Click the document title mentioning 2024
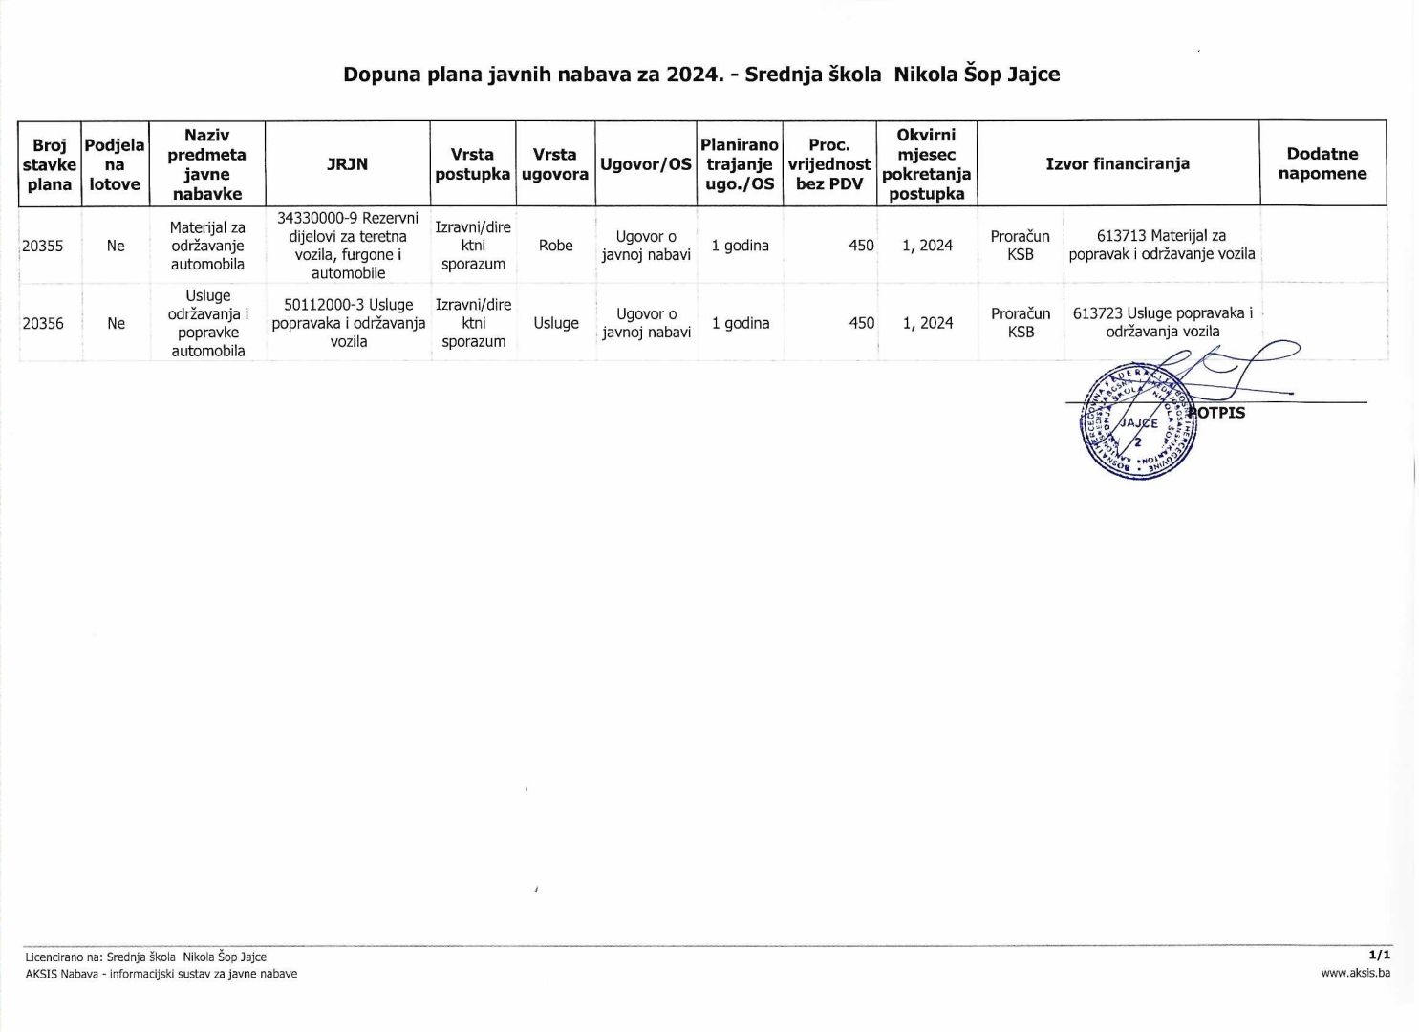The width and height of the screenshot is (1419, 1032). point(701,75)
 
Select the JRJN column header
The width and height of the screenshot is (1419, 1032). point(347,164)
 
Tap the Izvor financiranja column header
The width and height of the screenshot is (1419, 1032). point(1117,164)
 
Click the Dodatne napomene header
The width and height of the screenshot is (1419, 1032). point(1322,164)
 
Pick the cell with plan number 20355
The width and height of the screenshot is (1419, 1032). point(43,246)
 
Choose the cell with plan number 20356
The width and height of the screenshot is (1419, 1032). point(43,323)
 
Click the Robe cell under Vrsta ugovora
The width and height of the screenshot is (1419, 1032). point(555,246)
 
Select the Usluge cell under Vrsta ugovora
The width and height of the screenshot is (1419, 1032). point(555,323)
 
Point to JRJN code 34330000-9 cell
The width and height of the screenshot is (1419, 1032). point(348,246)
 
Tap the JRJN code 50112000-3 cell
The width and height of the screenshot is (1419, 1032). point(348,323)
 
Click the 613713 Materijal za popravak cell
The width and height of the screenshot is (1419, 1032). point(1161,245)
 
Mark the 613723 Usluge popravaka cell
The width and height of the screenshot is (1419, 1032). point(1162,322)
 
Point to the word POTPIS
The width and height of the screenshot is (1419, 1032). point(1220,413)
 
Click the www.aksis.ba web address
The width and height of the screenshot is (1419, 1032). point(1355,973)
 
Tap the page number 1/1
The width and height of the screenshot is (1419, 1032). point(1379,955)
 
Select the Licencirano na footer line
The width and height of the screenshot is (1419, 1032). point(146,957)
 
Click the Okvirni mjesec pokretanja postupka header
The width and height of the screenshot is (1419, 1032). point(926,164)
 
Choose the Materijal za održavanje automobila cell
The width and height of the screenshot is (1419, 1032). point(207,246)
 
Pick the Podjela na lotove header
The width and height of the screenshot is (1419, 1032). point(115,164)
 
